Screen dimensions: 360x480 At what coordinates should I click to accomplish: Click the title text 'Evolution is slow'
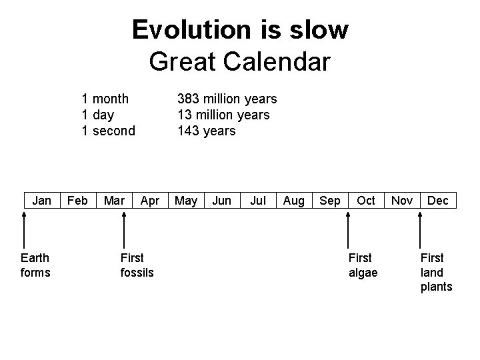(x=240, y=30)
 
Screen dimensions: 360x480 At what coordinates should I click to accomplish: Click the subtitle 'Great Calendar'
(x=240, y=61)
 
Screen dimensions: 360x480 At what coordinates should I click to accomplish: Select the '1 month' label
(x=105, y=99)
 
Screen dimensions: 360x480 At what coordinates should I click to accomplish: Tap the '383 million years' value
(x=227, y=99)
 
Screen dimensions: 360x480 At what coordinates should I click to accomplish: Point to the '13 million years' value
(x=223, y=115)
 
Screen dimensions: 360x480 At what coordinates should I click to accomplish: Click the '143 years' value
(x=206, y=131)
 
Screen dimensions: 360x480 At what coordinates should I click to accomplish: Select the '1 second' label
(x=108, y=131)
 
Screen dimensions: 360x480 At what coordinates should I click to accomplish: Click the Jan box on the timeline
(x=42, y=201)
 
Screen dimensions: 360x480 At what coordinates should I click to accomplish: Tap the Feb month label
(x=78, y=201)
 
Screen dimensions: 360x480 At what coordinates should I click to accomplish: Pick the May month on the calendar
(x=185, y=201)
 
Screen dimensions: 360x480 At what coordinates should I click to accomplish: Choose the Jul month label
(x=257, y=201)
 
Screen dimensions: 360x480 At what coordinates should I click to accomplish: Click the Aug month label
(x=293, y=201)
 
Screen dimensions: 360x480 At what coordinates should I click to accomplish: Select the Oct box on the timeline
(x=365, y=201)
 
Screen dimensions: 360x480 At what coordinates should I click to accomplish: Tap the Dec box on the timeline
(x=438, y=201)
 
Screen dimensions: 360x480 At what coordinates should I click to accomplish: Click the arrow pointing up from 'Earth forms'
(x=24, y=229)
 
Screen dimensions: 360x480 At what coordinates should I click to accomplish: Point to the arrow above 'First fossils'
(x=123, y=229)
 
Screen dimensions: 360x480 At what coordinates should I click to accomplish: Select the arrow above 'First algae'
(x=348, y=229)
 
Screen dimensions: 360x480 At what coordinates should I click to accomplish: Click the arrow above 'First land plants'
(x=420, y=229)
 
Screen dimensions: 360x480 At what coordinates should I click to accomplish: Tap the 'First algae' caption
(x=363, y=265)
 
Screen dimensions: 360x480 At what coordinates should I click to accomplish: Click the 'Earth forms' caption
(x=35, y=265)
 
